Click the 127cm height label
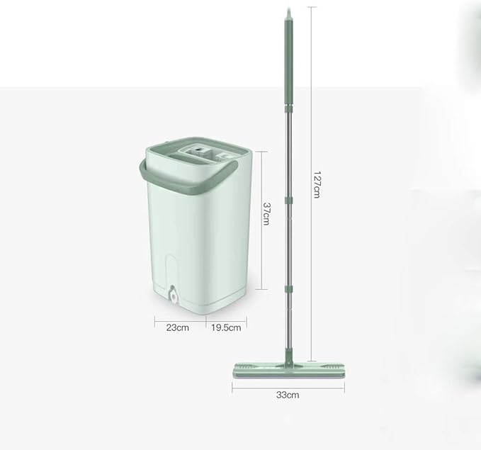coord(317,185)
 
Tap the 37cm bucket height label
coord(266,213)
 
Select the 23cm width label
coord(178,327)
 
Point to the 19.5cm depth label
coord(226,327)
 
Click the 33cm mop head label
coord(288,395)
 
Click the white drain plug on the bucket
coord(174,296)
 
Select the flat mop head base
coord(288,371)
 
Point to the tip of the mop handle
coord(288,9)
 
